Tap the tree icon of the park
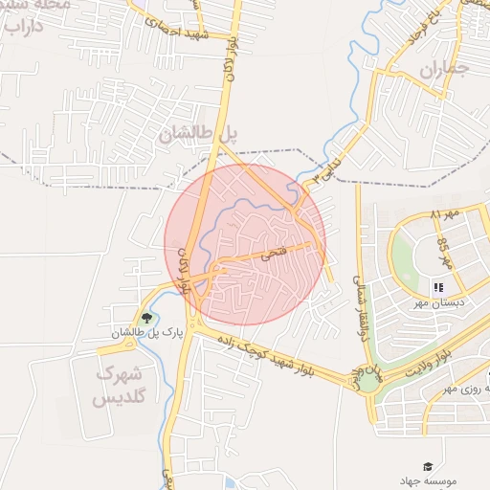click(x=146, y=318)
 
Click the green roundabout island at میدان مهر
click(x=367, y=382)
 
